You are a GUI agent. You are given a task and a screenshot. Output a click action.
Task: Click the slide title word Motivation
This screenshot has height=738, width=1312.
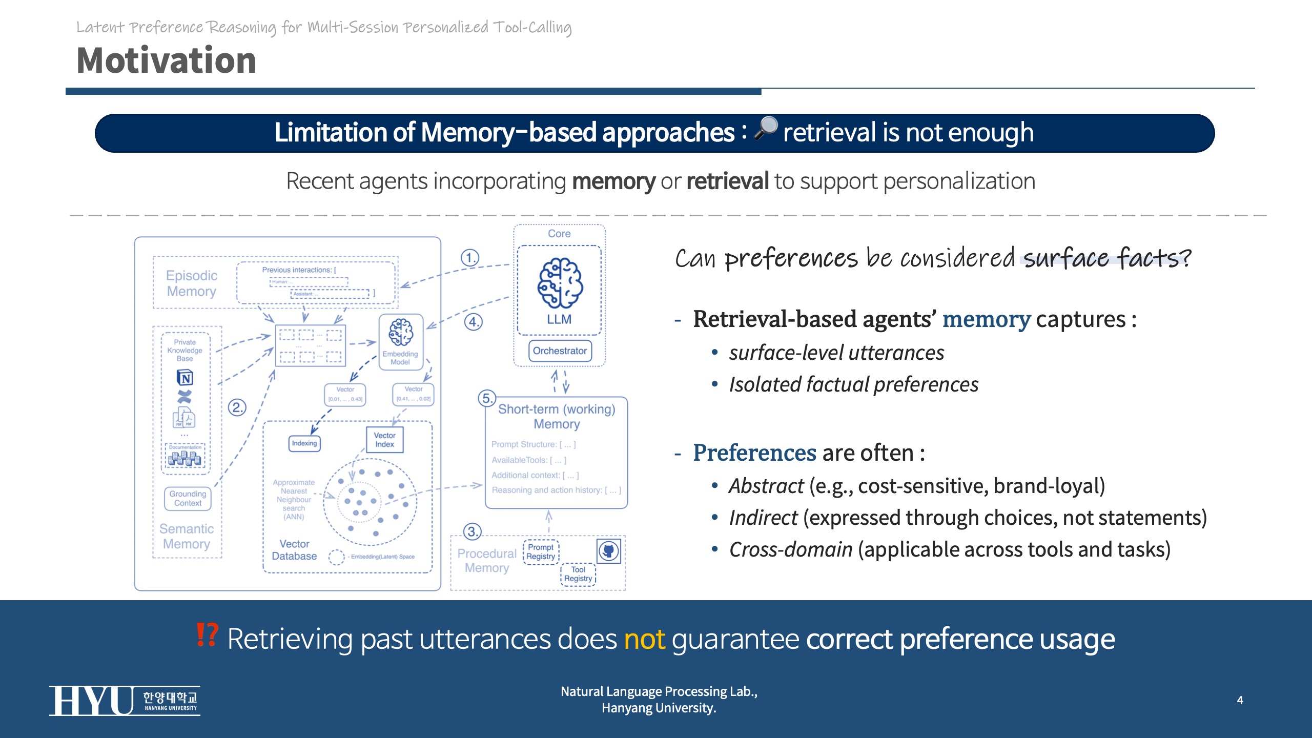[x=166, y=60]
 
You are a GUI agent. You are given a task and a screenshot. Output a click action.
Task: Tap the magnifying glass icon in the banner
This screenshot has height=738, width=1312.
[x=766, y=128]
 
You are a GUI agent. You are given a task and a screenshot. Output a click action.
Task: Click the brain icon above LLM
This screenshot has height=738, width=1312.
[x=560, y=283]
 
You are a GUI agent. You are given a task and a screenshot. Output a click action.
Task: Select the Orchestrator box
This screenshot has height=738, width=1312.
[x=560, y=351]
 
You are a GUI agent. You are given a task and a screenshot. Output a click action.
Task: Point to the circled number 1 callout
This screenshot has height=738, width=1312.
[x=469, y=257]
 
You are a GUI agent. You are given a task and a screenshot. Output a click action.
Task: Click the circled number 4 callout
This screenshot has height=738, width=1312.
[x=473, y=322]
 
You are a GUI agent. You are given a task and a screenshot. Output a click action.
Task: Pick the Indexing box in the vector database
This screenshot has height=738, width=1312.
[x=304, y=443]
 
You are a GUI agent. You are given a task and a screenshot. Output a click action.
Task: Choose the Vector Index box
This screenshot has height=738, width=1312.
[x=384, y=440]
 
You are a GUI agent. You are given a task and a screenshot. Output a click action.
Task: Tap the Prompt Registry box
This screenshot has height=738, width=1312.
[x=541, y=552]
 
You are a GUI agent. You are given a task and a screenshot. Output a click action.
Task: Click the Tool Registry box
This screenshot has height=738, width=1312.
[x=578, y=574]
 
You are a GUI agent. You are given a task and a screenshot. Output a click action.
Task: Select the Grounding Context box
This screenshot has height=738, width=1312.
[x=188, y=498]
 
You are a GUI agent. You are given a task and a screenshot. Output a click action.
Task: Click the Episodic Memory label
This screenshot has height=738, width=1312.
[x=192, y=283]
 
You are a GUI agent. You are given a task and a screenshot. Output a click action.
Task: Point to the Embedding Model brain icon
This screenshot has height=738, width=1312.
[x=400, y=332]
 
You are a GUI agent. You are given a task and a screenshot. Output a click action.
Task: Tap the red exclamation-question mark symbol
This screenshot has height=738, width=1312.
[x=207, y=635]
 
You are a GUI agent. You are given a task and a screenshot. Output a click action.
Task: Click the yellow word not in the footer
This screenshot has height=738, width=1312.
[x=644, y=639]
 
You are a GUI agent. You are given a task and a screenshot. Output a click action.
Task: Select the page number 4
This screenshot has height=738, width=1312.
[x=1240, y=700]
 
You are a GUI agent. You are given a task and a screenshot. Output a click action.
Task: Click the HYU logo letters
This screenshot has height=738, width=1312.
[x=91, y=701]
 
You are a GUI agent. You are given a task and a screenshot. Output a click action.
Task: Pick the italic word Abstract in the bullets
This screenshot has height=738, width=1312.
[x=766, y=486]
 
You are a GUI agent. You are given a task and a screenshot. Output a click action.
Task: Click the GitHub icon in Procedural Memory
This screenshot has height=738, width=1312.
[x=609, y=551]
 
